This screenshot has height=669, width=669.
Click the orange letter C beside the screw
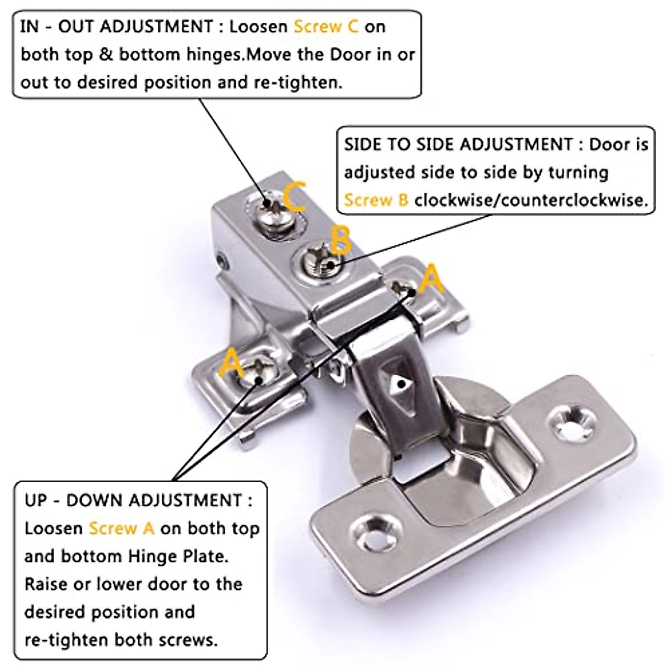(x=294, y=196)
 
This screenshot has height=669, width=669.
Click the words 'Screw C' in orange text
(x=326, y=27)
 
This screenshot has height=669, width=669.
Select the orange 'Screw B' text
(x=376, y=200)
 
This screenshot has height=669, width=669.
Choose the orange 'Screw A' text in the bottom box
(x=122, y=528)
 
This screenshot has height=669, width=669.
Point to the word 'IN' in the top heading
(x=29, y=27)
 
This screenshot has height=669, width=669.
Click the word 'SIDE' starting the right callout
(x=363, y=144)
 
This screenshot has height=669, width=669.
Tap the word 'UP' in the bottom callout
(x=36, y=500)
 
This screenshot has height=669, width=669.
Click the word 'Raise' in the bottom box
(x=46, y=584)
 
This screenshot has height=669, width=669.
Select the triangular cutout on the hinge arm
(x=400, y=383)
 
